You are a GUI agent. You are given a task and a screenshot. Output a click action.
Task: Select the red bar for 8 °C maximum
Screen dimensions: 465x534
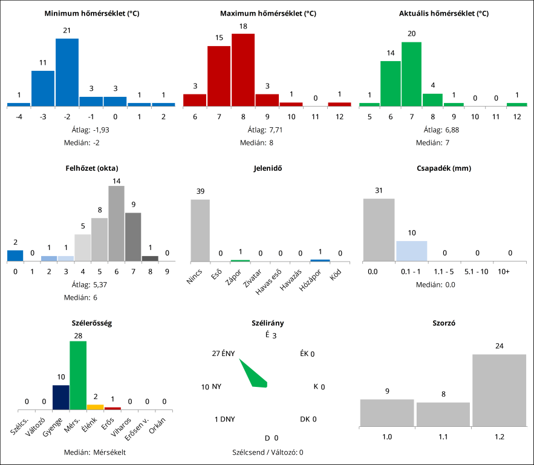pos(243,70)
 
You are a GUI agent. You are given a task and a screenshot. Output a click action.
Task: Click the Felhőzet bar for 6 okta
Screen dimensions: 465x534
pos(116,223)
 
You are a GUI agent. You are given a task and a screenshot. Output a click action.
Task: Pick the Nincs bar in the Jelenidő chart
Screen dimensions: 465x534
pos(200,230)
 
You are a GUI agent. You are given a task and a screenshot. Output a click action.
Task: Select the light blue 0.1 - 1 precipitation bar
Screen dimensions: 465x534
pos(411,251)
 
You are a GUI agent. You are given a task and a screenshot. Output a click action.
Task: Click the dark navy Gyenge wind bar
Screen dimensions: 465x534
pos(60,397)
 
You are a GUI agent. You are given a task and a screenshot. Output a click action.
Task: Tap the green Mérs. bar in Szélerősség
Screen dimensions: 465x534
pos(78,375)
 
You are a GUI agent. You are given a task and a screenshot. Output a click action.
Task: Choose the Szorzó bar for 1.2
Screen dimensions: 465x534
pos(499,390)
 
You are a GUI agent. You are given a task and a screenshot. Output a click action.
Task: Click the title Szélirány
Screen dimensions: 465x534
pos(267,323)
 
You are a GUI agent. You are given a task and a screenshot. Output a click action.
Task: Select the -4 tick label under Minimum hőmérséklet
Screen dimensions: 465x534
pos(19,117)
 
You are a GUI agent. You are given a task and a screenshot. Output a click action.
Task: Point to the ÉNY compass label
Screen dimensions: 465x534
pos(228,354)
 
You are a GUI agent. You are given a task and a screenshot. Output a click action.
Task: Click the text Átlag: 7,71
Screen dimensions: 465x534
pos(267,130)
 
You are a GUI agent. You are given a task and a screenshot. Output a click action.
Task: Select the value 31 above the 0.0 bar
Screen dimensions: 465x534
pos(379,191)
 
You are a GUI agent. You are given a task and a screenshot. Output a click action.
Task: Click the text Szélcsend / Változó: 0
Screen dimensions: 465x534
pos(267,452)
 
